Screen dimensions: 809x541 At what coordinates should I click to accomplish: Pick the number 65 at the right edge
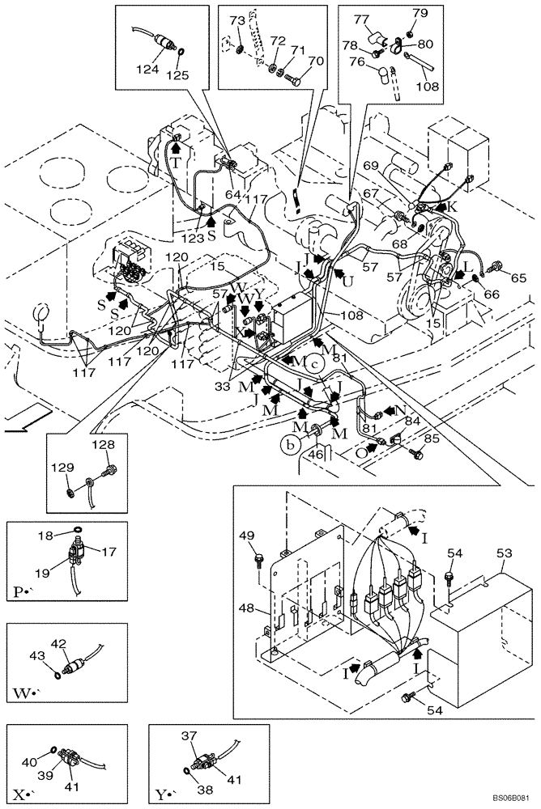point(519,277)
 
